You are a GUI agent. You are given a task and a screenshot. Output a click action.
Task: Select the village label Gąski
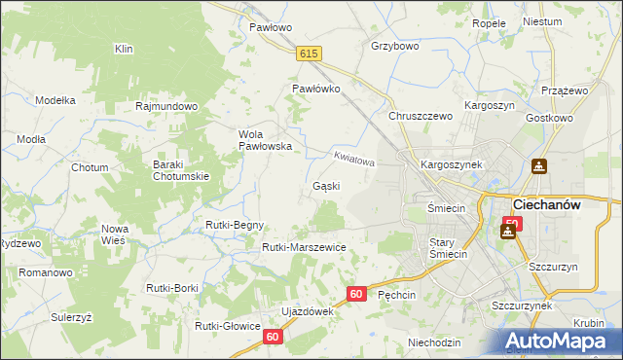click(x=326, y=186)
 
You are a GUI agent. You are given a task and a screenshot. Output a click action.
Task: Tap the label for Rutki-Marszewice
click(x=304, y=247)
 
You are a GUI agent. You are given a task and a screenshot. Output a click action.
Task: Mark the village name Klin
click(x=124, y=49)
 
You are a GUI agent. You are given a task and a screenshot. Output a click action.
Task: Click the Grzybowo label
click(x=394, y=46)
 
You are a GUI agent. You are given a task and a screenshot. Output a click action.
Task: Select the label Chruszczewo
click(x=421, y=116)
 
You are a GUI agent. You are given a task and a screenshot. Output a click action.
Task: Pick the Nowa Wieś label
click(x=116, y=234)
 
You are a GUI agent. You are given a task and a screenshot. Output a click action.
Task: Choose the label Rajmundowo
click(x=167, y=106)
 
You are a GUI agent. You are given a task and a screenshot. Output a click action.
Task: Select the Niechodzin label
click(x=434, y=342)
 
